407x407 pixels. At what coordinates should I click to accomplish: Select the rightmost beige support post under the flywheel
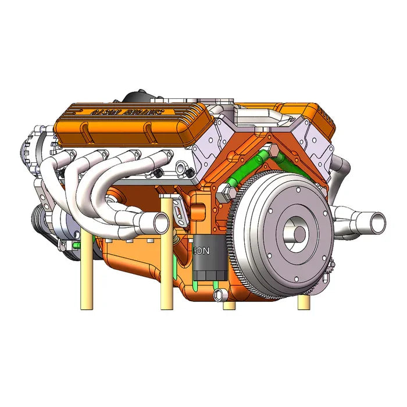[304, 302]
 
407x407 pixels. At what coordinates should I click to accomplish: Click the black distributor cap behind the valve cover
[140, 97]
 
